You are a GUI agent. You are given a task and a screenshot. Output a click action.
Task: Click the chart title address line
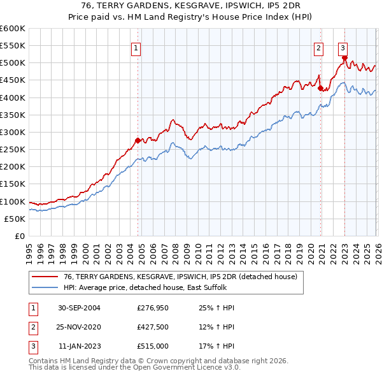click(191, 5)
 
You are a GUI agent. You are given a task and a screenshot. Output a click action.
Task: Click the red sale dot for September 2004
click(138, 140)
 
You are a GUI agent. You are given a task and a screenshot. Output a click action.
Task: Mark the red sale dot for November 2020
click(321, 89)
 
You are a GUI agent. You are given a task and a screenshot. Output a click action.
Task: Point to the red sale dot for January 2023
click(344, 58)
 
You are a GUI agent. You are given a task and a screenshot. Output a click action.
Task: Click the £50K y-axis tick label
click(15, 219)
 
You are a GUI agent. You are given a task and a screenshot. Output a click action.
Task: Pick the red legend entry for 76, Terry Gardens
click(180, 277)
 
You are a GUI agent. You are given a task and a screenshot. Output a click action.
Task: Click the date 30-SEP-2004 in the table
click(78, 308)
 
